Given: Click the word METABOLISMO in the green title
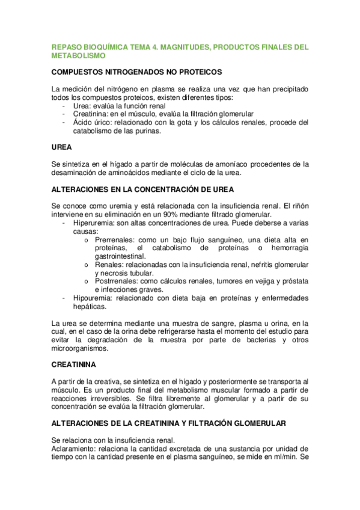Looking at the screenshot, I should coord(79,56).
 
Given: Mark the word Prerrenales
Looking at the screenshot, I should coord(115,239).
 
